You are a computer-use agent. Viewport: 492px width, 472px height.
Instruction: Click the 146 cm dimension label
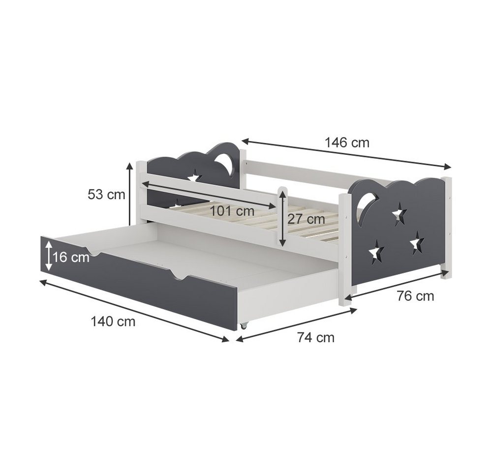pos(347,143)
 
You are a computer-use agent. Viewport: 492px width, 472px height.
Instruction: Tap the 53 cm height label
pos(106,194)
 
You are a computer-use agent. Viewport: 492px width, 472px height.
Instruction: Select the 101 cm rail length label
pos(232,211)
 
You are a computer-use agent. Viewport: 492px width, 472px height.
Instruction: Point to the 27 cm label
pos(306,219)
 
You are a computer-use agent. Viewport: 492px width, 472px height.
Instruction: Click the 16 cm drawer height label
pos(71,258)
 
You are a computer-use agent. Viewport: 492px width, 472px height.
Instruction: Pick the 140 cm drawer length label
pos(113,322)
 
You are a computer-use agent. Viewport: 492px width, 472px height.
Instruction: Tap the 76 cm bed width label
pos(415,296)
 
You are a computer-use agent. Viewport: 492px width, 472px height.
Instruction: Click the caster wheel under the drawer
pos(243,326)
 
